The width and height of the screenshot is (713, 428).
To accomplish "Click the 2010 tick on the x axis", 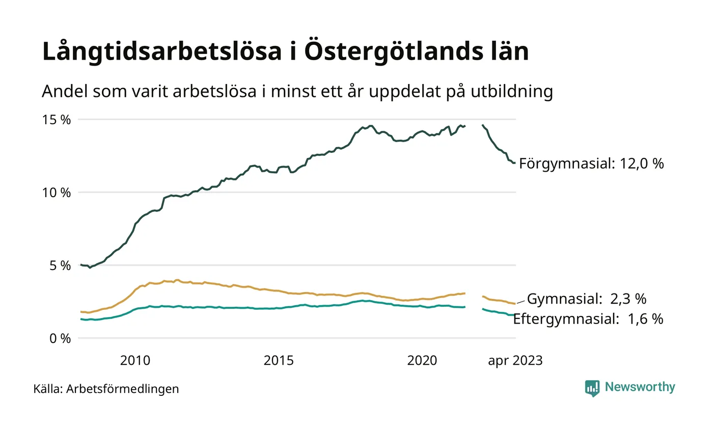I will (135, 361).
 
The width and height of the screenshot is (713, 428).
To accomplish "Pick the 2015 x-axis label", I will (279, 361).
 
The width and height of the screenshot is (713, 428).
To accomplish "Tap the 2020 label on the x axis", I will (422, 361).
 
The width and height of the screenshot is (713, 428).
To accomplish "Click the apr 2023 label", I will (515, 361).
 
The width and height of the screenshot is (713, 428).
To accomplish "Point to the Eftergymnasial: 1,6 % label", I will (588, 319).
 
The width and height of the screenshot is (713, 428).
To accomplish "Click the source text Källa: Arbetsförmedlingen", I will (106, 389).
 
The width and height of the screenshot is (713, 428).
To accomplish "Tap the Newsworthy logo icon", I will (592, 388).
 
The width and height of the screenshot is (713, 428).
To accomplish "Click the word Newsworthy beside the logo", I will (640, 387).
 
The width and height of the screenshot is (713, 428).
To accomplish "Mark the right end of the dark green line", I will (515, 163).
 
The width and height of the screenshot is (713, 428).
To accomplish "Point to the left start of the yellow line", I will (81, 312).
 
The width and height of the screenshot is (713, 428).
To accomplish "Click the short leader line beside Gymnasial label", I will (521, 302).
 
